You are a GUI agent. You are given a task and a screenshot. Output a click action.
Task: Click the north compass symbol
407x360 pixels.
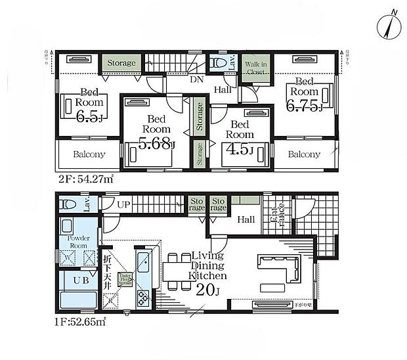(x=391, y=24)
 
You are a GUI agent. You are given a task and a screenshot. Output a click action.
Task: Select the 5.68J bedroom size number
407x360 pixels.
(x=155, y=142)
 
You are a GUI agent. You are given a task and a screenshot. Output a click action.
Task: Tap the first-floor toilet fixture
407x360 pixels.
(x=68, y=204)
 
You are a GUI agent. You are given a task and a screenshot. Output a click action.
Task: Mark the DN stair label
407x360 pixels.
(x=196, y=80)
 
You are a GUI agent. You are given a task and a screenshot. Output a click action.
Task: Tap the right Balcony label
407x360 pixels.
(x=305, y=155)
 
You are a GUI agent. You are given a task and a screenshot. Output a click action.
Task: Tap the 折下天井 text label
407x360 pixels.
(x=106, y=260)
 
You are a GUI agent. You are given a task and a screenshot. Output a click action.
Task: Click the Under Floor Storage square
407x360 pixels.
(x=123, y=281)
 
